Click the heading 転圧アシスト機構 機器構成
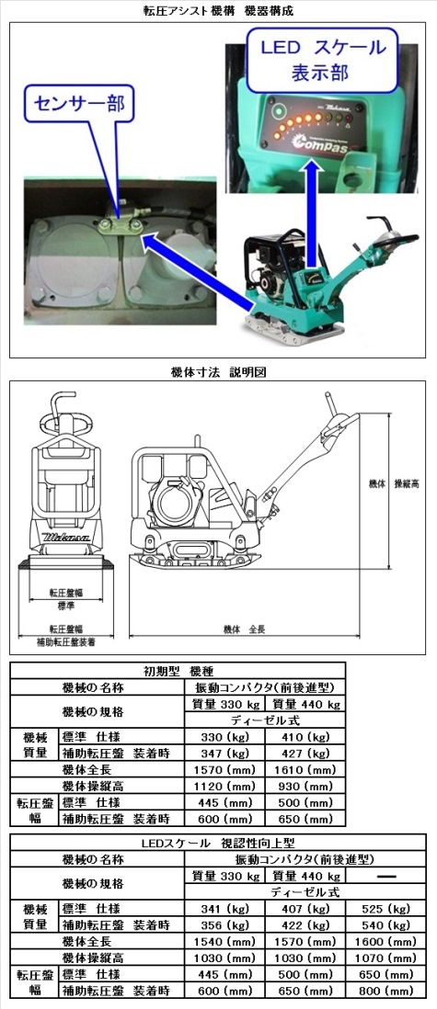218,10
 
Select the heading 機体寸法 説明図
218,372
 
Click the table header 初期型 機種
178,670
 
